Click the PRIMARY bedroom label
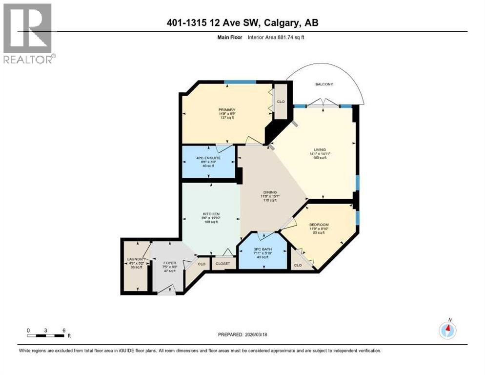[227, 110]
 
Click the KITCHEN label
[211, 214]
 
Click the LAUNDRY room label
[135, 259]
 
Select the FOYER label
[169, 263]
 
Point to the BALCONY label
[323, 84]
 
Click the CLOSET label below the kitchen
[223, 263]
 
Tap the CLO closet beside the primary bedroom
[281, 102]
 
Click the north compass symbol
[447, 330]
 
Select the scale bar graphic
[46, 336]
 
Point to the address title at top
[242, 23]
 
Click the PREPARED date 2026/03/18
[242, 334]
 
